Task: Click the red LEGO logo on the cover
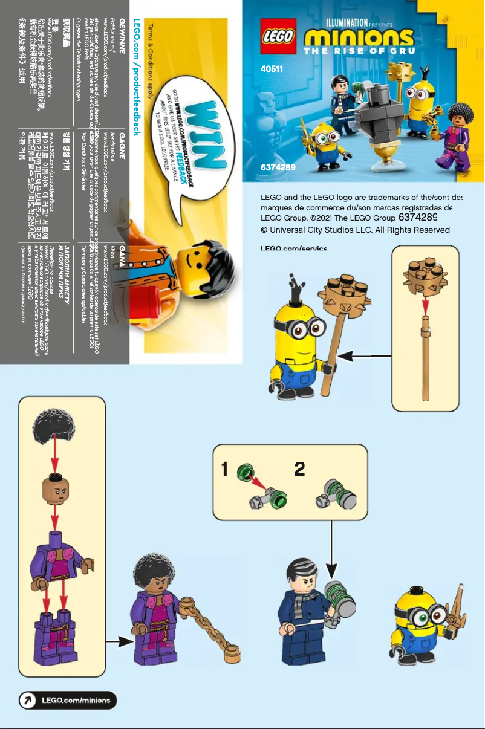[x=278, y=36]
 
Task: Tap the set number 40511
[x=272, y=70]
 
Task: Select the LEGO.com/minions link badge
[x=67, y=701]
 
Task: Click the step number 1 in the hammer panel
[x=224, y=470]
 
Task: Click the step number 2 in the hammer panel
[x=299, y=470]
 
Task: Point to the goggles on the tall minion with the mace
[x=307, y=328]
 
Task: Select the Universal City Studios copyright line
[x=355, y=230]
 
